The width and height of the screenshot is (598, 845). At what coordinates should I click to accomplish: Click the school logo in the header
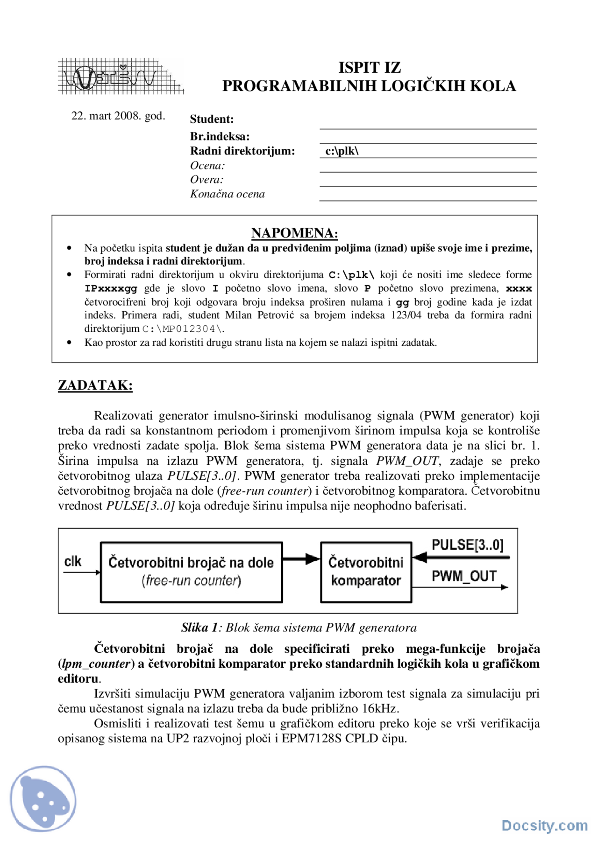(120, 76)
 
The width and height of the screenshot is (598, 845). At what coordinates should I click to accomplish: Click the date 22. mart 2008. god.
(118, 116)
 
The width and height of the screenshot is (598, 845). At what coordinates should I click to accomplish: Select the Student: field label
(212, 119)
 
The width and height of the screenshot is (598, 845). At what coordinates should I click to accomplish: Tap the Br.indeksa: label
(220, 137)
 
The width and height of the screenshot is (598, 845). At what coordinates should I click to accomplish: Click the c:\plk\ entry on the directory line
(342, 151)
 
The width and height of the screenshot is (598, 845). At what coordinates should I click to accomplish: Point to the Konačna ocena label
(227, 194)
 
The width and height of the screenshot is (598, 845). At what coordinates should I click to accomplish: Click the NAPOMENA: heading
(294, 233)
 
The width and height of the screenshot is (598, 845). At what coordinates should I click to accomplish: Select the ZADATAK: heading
(95, 385)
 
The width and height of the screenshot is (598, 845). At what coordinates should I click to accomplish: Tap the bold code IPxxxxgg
(111, 289)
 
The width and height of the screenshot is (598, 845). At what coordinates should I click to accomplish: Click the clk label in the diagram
(73, 561)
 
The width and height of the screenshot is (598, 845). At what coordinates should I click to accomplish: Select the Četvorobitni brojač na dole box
(191, 572)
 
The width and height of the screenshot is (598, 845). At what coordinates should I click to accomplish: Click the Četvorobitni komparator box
(365, 572)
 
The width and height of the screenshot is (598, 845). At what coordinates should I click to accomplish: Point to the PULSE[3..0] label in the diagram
(467, 545)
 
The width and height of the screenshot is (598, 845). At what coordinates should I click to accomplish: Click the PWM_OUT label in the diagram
(463, 576)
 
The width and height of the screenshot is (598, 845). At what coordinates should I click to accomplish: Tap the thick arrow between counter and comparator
(301, 559)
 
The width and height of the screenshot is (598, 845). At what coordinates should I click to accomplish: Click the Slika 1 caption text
(299, 628)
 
